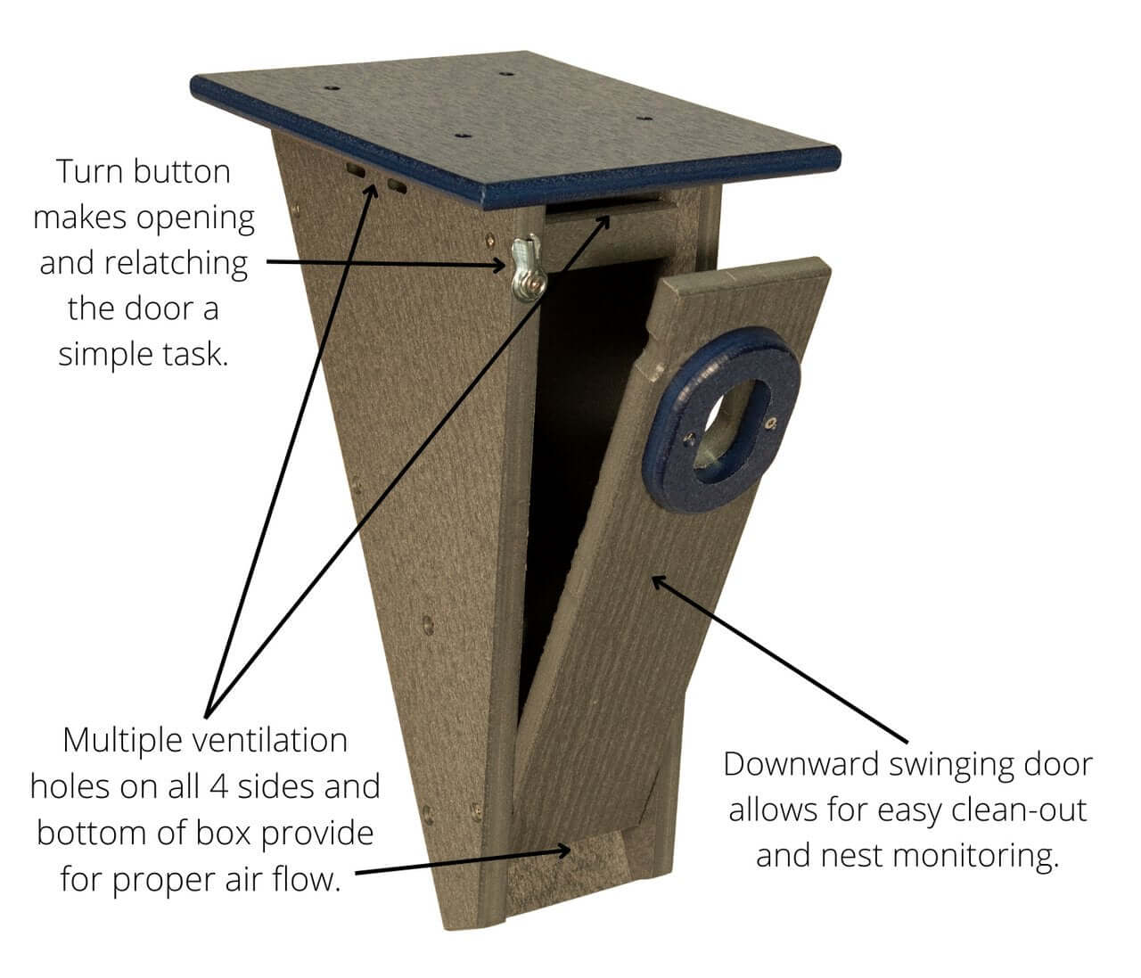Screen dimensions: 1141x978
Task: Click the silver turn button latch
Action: pyautogui.click(x=529, y=269)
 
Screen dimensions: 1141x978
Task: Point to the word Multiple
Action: pyautogui.click(x=122, y=742)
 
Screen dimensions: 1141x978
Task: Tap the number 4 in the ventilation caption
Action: pyautogui.click(x=219, y=787)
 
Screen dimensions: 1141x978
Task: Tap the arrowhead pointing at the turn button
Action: pyautogui.click(x=497, y=266)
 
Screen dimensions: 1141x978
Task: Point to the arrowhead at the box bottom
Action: pyautogui.click(x=563, y=851)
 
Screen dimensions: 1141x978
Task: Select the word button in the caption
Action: pyautogui.click(x=182, y=172)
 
